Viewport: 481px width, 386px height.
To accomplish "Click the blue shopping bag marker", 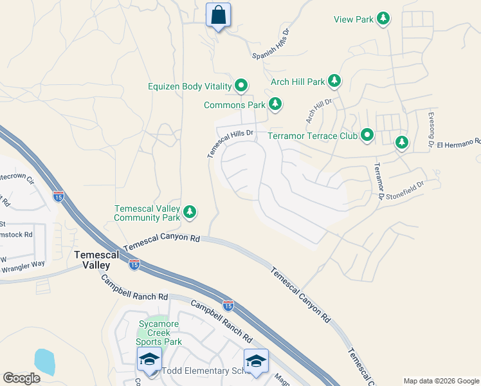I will [x=218, y=14].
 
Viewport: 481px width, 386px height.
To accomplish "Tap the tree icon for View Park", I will [x=383, y=19].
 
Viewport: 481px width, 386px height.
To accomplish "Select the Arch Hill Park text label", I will [x=298, y=82].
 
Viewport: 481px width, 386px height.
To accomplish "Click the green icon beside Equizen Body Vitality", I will [x=241, y=85].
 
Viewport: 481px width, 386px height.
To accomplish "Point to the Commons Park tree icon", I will [x=275, y=104].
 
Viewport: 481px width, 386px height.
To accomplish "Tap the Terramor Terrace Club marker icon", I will [x=367, y=135].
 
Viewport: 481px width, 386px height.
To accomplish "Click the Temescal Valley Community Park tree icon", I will [x=189, y=211].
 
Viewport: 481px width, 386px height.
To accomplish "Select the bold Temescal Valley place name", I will [x=96, y=259].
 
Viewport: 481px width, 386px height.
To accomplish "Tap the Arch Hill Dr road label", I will [x=318, y=111].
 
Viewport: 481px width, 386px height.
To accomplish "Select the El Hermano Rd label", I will [x=458, y=143].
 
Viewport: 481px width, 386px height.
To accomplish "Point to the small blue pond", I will [x=44, y=362].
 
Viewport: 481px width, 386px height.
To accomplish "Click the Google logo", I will [x=21, y=378].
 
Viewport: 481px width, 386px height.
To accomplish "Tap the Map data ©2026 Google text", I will [x=441, y=381].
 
